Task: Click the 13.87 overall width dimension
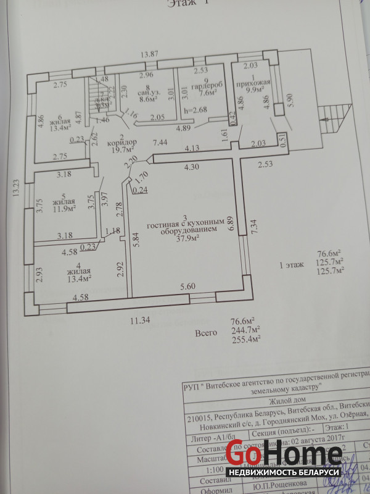(148, 55)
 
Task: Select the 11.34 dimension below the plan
(139, 320)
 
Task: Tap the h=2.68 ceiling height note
(195, 111)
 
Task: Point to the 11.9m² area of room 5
(64, 209)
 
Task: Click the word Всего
(207, 333)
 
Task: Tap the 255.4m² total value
(246, 338)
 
